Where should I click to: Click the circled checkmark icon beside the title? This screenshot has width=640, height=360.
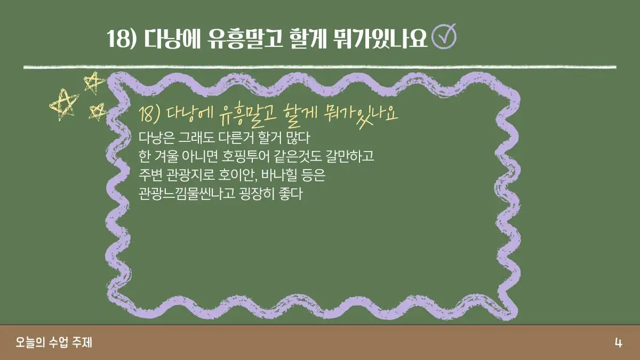(x=444, y=37)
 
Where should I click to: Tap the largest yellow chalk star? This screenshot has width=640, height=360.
(x=63, y=104)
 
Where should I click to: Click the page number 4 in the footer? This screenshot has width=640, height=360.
(x=618, y=342)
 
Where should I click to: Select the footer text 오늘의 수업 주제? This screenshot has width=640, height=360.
(x=54, y=342)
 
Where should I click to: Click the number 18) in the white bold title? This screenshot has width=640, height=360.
(x=121, y=38)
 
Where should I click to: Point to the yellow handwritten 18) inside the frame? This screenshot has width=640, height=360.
(x=149, y=115)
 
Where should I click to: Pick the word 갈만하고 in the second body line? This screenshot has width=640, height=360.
(x=349, y=156)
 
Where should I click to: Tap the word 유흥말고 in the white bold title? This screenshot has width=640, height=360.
(x=245, y=38)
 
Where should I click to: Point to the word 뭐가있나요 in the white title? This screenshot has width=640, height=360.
(x=380, y=38)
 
